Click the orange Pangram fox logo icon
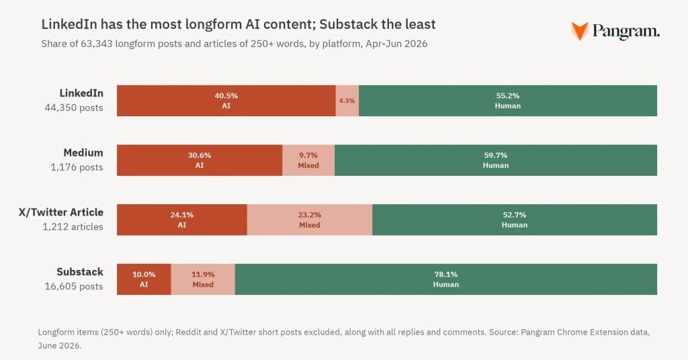click(579, 31)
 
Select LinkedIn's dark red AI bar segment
click(226, 101)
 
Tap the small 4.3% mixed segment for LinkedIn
click(347, 101)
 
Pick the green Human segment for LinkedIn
click(508, 101)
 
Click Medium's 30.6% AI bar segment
click(199, 160)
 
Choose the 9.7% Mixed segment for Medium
click(308, 160)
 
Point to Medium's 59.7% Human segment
click(496, 160)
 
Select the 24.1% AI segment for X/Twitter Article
click(181, 220)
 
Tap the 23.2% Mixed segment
click(310, 220)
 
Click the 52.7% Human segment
click(515, 220)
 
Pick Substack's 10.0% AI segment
click(144, 279)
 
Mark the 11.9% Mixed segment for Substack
click(203, 279)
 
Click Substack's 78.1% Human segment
click(446, 279)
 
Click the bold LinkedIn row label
click(81, 93)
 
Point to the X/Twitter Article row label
click(61, 212)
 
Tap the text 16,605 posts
click(74, 286)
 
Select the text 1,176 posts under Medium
click(77, 167)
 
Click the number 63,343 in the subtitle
click(96, 44)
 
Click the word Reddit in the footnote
click(189, 332)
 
